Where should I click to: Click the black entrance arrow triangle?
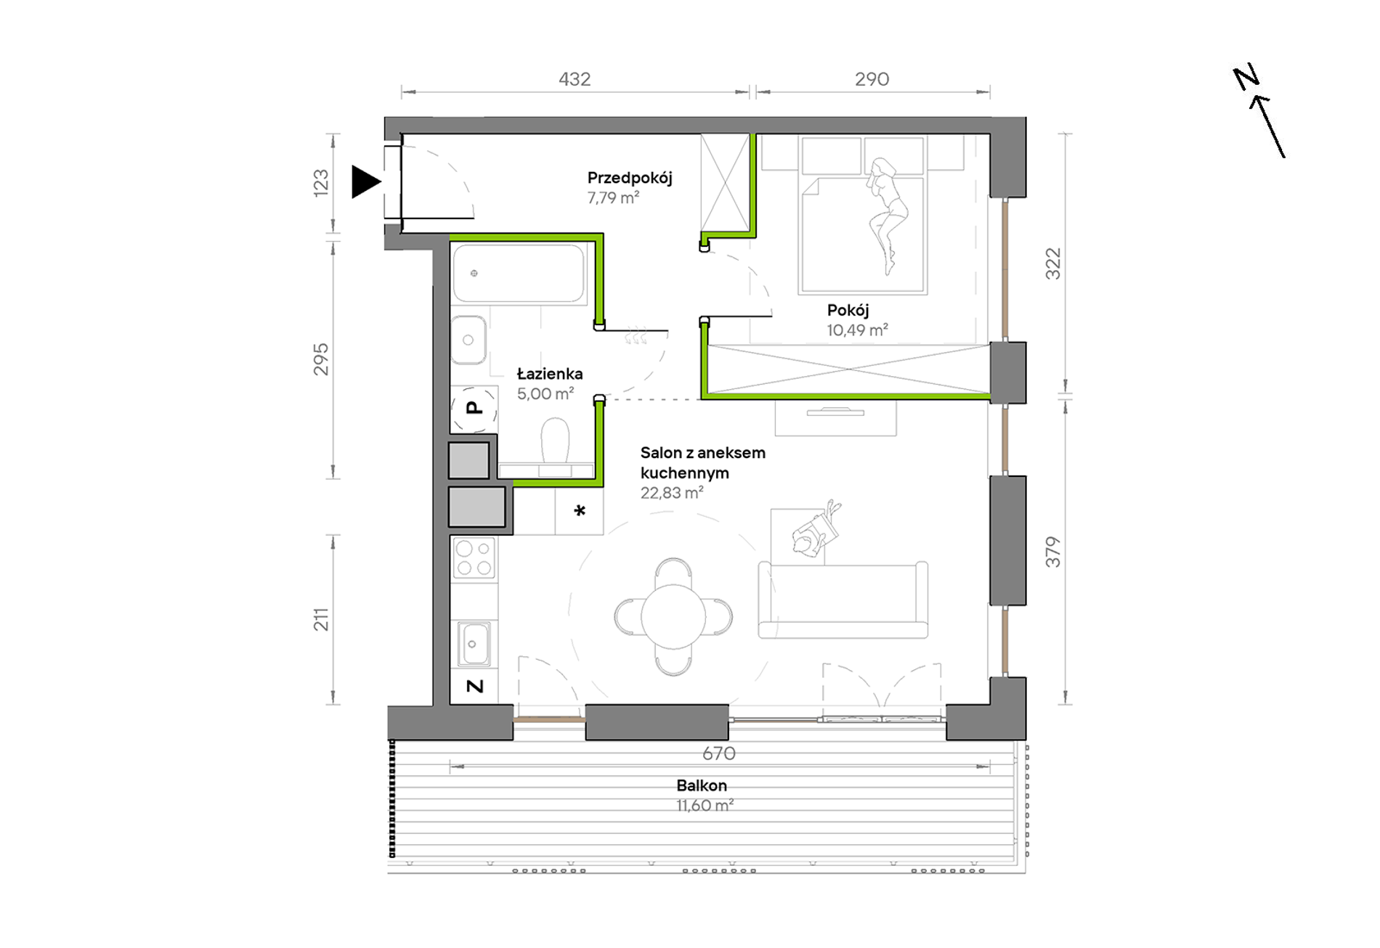[x=365, y=181]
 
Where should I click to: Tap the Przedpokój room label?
[x=630, y=178]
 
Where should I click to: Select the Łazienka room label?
[x=550, y=374]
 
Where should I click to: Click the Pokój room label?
[x=848, y=311]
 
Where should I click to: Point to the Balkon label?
[x=702, y=785]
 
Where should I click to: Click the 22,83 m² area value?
[x=672, y=493]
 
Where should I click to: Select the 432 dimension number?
[x=575, y=79]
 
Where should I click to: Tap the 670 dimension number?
[x=719, y=753]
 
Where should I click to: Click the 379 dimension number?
[x=1053, y=552]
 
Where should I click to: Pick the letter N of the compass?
[x=1246, y=77]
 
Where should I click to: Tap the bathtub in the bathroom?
[x=519, y=273]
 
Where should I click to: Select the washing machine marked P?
[x=474, y=409]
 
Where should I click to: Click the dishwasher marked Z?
[x=474, y=686]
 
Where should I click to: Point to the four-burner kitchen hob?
[x=474, y=558]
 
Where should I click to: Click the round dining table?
[x=673, y=616]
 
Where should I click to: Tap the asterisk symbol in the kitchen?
[x=580, y=511]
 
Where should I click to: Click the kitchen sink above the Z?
[x=474, y=644]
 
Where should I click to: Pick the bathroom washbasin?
[x=468, y=340]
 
